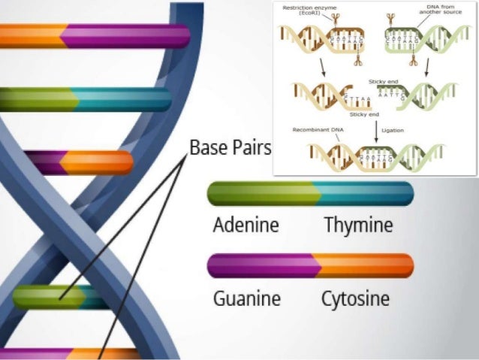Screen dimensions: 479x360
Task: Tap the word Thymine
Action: [x=358, y=225]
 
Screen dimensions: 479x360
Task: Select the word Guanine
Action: [x=246, y=298]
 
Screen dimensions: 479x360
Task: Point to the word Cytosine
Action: [x=355, y=299]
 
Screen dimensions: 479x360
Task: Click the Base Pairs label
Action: [x=229, y=147]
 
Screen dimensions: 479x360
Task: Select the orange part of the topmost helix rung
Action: [x=30, y=36]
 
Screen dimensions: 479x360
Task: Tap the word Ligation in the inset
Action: [x=393, y=130]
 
